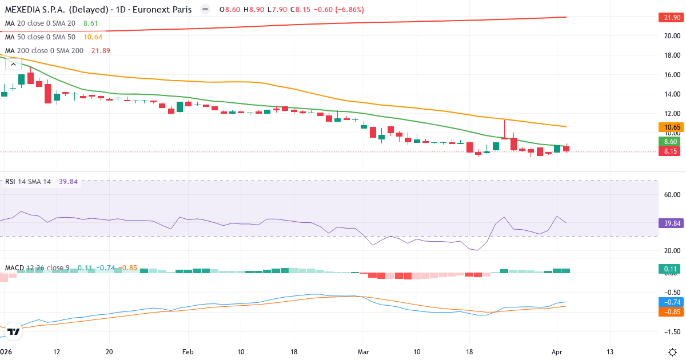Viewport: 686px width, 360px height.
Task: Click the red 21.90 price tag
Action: point(669,18)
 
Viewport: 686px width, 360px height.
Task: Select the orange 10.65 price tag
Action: point(669,127)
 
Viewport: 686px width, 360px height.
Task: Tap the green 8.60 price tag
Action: point(669,141)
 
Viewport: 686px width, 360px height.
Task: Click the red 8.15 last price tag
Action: point(669,151)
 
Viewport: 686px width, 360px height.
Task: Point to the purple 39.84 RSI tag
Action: point(669,223)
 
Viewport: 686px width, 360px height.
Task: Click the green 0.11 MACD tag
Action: point(669,269)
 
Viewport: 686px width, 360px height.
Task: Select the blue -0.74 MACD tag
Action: point(669,302)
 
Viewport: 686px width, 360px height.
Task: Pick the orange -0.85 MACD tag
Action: point(669,312)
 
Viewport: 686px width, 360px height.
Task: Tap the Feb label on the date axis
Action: point(188,351)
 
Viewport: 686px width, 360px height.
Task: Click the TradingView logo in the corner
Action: point(14,331)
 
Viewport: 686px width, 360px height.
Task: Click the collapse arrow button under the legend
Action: point(13,65)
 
